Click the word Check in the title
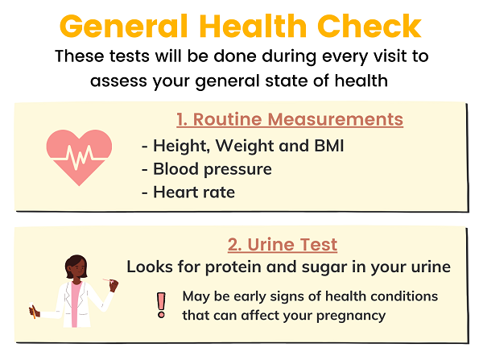[369, 26]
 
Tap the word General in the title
[123, 26]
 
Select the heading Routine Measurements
[290, 119]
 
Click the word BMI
[329, 146]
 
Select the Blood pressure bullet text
[213, 169]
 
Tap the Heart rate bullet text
[194, 192]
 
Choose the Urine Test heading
[283, 245]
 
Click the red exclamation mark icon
[161, 305]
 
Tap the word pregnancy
[351, 316]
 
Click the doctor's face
[76, 269]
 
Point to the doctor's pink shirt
[76, 304]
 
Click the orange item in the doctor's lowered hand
[32, 311]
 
